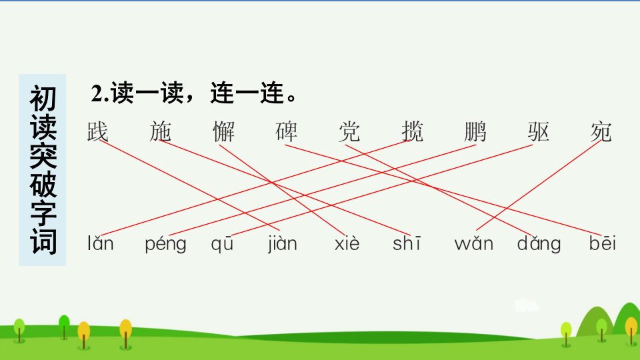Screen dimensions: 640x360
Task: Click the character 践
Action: [x=97, y=131]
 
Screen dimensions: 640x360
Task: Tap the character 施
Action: [x=161, y=131]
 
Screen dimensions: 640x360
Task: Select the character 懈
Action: [x=224, y=131]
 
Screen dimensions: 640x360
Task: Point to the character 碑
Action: [x=287, y=131]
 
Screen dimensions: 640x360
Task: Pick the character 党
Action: [x=349, y=131]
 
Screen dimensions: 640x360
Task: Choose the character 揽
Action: [x=412, y=131]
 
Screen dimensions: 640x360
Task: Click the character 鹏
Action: [x=475, y=131]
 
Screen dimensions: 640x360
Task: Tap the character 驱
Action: [x=538, y=131]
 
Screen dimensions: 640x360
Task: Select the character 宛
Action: [x=601, y=131]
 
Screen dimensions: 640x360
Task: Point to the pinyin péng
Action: [x=166, y=244]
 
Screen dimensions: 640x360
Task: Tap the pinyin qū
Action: [x=222, y=244]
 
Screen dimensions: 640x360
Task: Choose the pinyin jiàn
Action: [x=282, y=244]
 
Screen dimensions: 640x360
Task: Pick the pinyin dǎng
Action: [x=539, y=244]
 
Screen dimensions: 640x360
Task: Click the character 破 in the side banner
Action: [x=43, y=185]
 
